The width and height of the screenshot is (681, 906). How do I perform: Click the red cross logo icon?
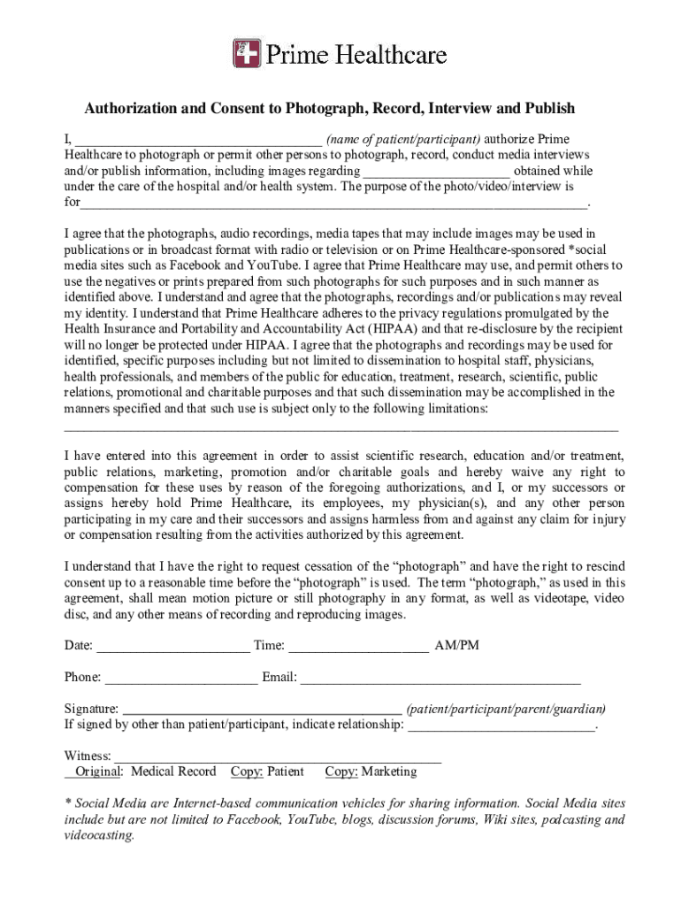pos(247,54)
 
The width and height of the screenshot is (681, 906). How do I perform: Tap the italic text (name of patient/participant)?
pos(403,139)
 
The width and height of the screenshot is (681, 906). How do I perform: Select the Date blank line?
pos(172,647)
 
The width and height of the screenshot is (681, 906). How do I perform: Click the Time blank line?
pos(358,647)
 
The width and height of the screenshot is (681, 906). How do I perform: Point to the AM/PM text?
pos(456,645)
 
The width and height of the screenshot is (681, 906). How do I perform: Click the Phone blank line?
pos(181,679)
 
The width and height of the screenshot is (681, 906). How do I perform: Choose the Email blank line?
pos(440,679)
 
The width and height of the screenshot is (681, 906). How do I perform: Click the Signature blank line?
pos(261,710)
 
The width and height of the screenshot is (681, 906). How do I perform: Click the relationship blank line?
pos(501,726)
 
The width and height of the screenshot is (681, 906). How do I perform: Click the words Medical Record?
pos(173,772)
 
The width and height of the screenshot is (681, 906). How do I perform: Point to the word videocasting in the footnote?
pos(99,835)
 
